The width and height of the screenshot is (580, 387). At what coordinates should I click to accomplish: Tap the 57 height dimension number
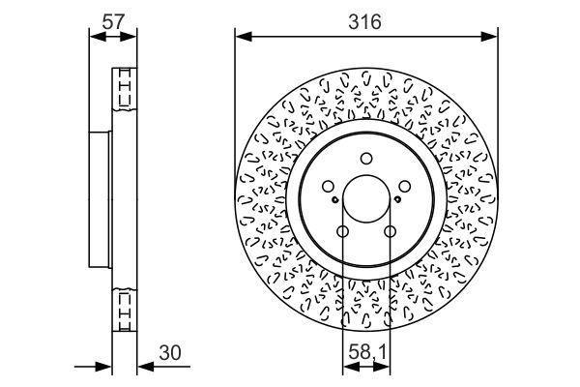(x=113, y=19)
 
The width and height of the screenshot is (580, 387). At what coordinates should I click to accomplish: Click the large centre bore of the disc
(x=366, y=201)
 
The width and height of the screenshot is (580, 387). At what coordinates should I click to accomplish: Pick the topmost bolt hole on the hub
(x=366, y=160)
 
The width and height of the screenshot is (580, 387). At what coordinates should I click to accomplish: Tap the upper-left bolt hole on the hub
(x=327, y=188)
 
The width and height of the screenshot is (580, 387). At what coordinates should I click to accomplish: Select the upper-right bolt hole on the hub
(x=407, y=188)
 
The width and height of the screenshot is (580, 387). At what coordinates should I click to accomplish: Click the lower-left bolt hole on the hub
(x=342, y=231)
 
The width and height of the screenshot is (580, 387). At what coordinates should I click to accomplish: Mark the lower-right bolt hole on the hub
(x=391, y=231)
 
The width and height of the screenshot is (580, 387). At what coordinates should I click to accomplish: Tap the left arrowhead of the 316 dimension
(x=242, y=38)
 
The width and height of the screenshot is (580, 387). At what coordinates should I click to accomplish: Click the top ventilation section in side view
(x=124, y=90)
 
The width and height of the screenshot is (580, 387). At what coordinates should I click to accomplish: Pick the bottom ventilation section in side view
(x=124, y=309)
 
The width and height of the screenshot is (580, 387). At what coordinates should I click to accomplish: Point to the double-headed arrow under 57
(x=113, y=38)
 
